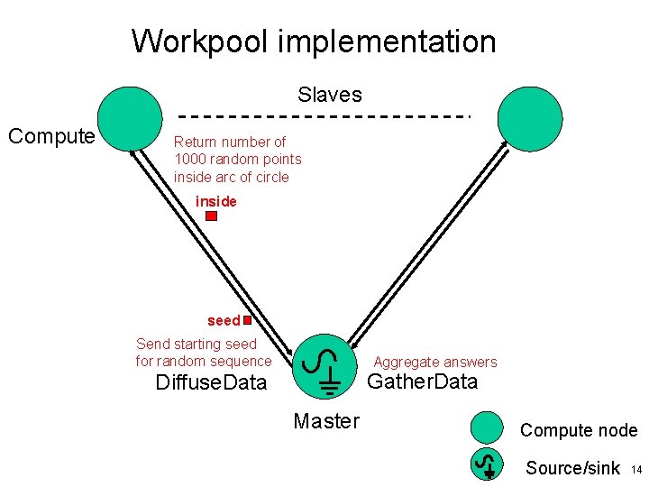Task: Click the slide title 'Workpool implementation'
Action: click(314, 41)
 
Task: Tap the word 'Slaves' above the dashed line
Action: click(330, 95)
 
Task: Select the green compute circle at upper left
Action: click(130, 119)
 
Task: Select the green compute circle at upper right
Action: click(530, 119)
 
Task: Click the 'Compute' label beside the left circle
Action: click(51, 136)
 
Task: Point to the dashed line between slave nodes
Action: click(323, 116)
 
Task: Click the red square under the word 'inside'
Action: click(211, 216)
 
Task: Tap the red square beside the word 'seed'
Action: click(246, 318)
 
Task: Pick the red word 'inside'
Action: click(216, 201)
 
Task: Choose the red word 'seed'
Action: click(224, 321)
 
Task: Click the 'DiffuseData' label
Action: click(211, 382)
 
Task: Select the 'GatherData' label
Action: click(422, 381)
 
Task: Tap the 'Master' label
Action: click(326, 421)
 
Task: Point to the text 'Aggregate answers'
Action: click(435, 362)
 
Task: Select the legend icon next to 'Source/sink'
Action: click(488, 464)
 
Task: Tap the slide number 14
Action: click(635, 470)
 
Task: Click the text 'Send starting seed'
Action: click(197, 344)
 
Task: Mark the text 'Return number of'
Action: click(230, 142)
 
